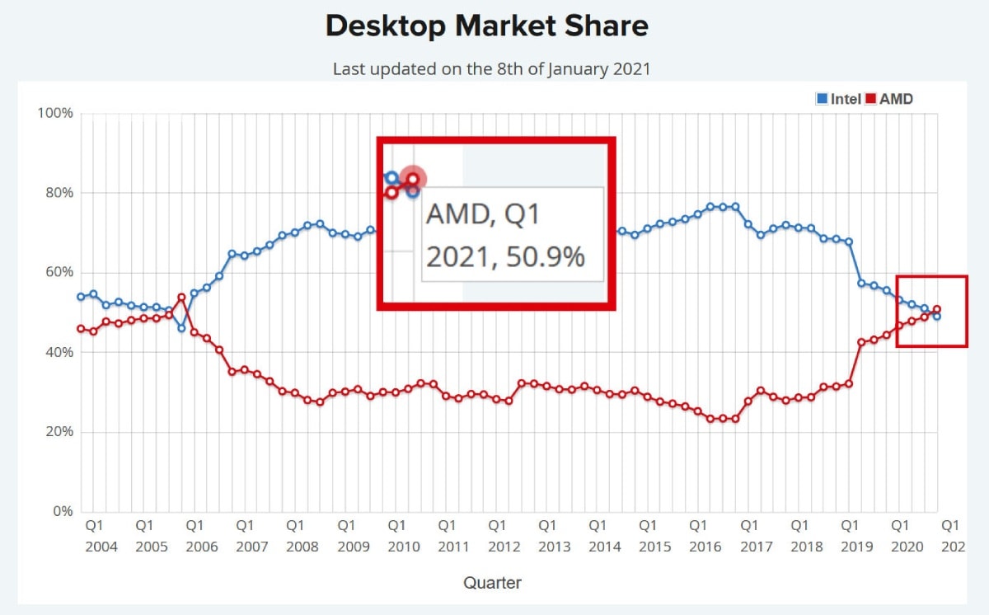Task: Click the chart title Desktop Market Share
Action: pyautogui.click(x=486, y=26)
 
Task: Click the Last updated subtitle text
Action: pyautogui.click(x=491, y=69)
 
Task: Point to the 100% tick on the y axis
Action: pyautogui.click(x=56, y=113)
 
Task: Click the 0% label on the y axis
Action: pyautogui.click(x=63, y=511)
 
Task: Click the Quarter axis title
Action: pyautogui.click(x=492, y=583)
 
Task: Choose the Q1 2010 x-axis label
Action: pyautogui.click(x=396, y=535)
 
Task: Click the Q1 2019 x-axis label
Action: pyautogui.click(x=850, y=535)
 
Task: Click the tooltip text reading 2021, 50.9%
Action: pyautogui.click(x=504, y=256)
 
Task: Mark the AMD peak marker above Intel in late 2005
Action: pyautogui.click(x=181, y=297)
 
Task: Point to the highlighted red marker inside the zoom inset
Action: pyautogui.click(x=413, y=178)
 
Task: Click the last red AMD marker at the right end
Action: pyautogui.click(x=937, y=309)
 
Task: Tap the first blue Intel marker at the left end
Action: pyautogui.click(x=81, y=297)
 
